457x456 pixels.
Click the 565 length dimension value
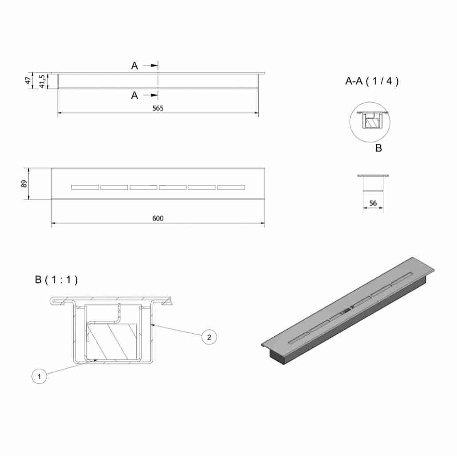point(158,108)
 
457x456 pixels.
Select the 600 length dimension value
point(158,218)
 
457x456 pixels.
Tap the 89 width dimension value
point(24,184)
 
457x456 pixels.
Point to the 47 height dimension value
point(28,80)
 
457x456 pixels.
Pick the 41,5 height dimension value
point(42,81)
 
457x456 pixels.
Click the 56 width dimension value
point(373,203)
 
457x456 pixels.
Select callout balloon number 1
point(39,376)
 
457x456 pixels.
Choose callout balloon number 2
point(209,337)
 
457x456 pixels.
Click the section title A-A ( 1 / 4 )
point(372,81)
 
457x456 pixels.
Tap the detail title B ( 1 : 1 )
point(56,280)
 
